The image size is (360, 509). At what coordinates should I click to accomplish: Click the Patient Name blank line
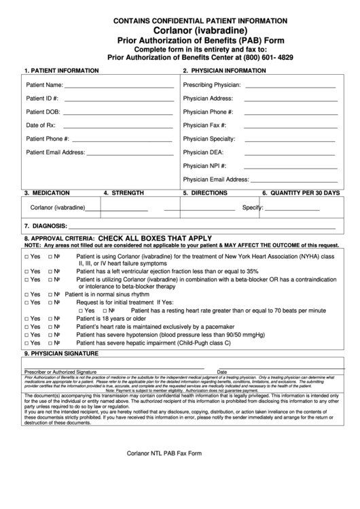click(118, 87)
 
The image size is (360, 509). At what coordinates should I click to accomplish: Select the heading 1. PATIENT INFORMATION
click(61, 71)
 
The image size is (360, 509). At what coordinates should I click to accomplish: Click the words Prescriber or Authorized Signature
click(60, 372)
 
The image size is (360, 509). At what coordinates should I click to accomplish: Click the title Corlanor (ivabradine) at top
click(181, 31)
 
